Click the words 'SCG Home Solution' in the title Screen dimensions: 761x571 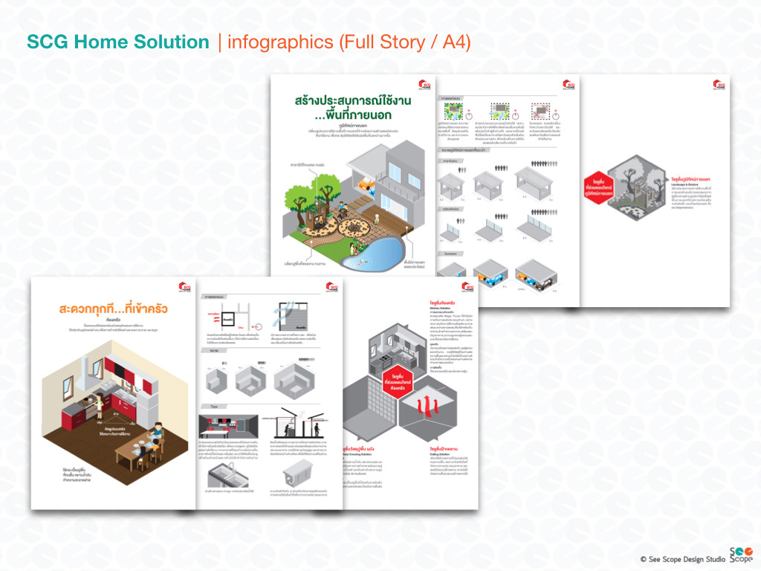[x=117, y=42]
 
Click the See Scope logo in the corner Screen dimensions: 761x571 [x=740, y=555]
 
